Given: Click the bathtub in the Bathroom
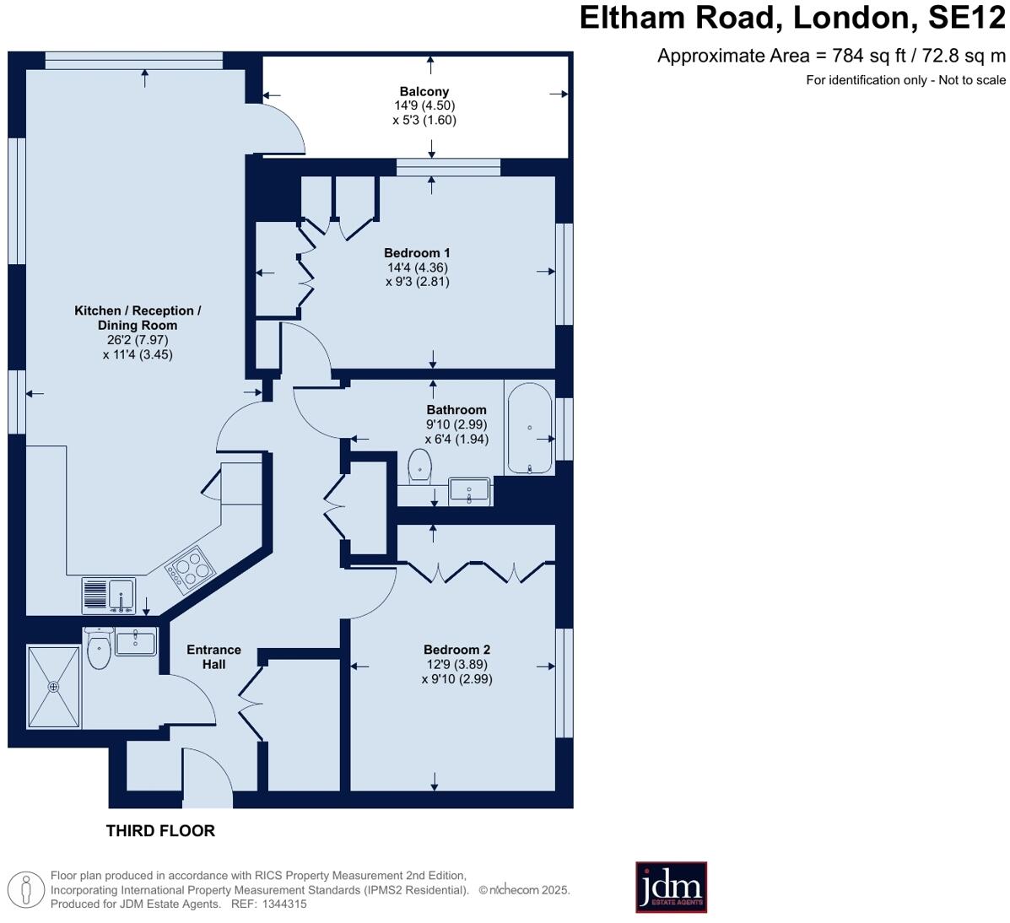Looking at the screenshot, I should coord(529,429).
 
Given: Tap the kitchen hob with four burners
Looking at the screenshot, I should coord(190,567).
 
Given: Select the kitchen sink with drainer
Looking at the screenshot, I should coord(108,596).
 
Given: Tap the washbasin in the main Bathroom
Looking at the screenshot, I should coord(470,490).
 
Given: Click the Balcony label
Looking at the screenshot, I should coord(424,91).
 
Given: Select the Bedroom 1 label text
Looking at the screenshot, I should coord(417,253).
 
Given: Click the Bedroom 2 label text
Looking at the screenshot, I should coord(456,650).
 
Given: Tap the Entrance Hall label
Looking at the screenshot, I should coord(213,656).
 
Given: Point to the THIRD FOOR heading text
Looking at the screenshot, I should coord(160,831).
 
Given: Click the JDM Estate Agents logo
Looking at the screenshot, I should coord(671,887).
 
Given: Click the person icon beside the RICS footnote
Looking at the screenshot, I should coord(27,889).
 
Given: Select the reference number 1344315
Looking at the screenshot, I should coord(284,904).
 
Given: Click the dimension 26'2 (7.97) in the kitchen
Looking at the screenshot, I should coord(138,340).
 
